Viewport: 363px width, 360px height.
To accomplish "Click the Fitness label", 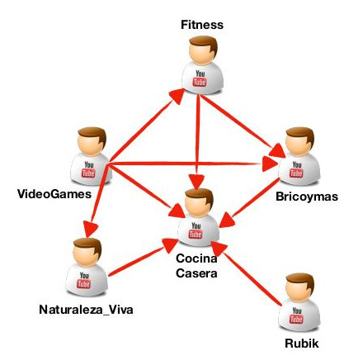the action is [x=202, y=25].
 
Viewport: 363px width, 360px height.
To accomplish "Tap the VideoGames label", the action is [x=54, y=194].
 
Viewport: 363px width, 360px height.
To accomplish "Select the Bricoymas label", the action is [x=307, y=197].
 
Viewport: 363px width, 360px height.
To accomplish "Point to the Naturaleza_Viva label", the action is [x=86, y=310].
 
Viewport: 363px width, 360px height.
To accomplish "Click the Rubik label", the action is [x=302, y=343].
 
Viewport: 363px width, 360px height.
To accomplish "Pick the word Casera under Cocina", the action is [x=196, y=273].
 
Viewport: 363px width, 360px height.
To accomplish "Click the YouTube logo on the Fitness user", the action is [x=200, y=78].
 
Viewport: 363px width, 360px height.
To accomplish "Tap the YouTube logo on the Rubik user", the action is [x=296, y=315].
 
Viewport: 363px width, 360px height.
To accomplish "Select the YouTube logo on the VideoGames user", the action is [x=88, y=169].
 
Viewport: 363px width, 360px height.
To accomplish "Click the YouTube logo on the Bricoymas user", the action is [x=296, y=169].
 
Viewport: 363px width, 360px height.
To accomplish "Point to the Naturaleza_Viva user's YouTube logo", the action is [x=84, y=280].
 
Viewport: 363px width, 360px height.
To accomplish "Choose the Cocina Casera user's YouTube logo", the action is [x=196, y=230].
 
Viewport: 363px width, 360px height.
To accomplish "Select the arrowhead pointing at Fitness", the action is [x=177, y=96].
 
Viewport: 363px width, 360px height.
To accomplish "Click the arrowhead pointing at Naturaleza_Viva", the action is [x=90, y=229].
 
